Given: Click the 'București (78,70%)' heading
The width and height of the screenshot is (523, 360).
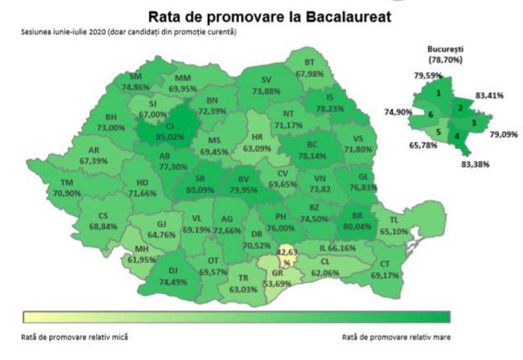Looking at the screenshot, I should (446, 54).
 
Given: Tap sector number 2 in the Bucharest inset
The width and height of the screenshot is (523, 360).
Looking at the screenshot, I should (460, 108).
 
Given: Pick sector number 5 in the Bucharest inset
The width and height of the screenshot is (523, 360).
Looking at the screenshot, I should (439, 132).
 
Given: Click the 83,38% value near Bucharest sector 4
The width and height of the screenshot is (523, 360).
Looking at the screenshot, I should (474, 164).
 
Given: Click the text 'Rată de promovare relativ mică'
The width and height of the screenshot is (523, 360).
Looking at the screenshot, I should (74, 337).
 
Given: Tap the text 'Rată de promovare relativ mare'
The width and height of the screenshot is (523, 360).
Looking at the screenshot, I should (396, 337).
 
